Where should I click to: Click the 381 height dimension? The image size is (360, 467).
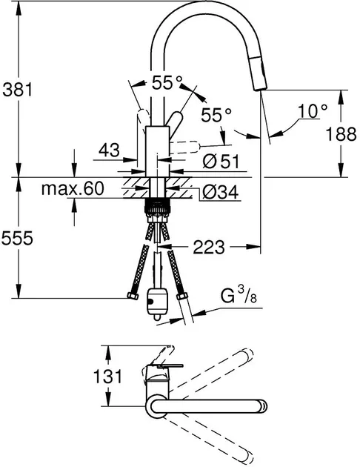pos(17,89)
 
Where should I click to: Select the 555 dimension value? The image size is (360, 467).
pos(17,238)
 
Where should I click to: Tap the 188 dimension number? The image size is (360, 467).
pos(341,133)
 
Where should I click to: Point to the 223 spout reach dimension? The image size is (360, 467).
pos(209,247)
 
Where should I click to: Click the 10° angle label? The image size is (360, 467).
pos(313,110)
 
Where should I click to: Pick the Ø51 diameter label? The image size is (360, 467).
pos(221,162)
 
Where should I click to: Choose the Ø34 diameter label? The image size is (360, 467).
pos(221,192)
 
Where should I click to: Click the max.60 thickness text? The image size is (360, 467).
pos(73,188)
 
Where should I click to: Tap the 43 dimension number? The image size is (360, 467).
pos(109,150)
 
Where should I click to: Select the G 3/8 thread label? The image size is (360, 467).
pos(239,295)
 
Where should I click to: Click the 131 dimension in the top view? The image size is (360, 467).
pos(107,376)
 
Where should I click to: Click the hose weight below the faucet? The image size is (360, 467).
pos(157,303)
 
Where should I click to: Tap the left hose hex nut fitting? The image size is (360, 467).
pos(133,296)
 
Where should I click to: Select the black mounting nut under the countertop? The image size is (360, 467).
pos(157,206)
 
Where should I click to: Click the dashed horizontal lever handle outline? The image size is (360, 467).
pos(184,148)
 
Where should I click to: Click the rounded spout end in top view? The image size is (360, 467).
pos(263,406)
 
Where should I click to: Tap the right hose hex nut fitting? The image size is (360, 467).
pos(181,297)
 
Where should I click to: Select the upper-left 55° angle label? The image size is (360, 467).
pos(167,82)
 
